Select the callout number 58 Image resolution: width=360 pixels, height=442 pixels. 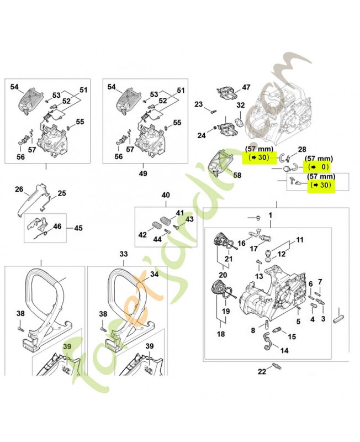(237, 175)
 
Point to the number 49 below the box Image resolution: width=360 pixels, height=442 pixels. (143, 173)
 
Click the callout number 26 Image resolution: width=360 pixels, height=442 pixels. (19, 190)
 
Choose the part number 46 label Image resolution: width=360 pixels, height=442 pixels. (57, 227)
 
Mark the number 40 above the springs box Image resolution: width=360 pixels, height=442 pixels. (165, 195)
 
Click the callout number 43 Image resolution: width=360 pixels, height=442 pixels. (189, 219)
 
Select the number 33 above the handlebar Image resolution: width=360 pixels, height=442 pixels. (124, 254)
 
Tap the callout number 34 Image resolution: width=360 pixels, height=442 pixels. (154, 273)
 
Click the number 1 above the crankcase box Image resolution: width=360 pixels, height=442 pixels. (271, 214)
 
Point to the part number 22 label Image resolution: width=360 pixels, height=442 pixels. (262, 371)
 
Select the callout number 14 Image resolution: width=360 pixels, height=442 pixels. (284, 350)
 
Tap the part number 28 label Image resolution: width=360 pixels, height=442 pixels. (301, 150)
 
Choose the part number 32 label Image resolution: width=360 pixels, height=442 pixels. (240, 106)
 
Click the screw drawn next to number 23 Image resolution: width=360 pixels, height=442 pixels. (212, 110)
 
